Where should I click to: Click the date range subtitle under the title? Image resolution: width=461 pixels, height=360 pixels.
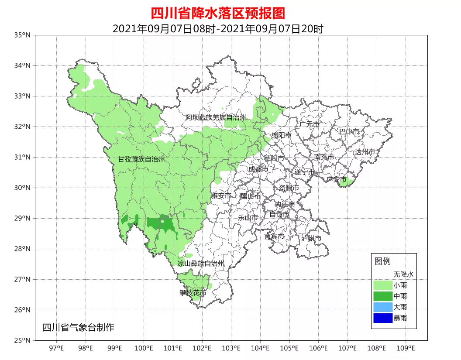(x=218, y=29)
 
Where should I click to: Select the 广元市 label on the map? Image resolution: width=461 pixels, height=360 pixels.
(x=309, y=124)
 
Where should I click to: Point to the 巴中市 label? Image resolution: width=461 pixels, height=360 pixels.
(x=349, y=131)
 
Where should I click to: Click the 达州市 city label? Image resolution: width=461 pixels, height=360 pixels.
(x=365, y=152)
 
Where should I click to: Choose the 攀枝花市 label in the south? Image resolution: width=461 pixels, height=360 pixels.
(x=193, y=293)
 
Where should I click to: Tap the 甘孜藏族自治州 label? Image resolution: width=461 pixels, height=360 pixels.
(x=141, y=160)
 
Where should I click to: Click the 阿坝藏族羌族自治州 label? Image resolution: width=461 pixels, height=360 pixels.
(x=216, y=118)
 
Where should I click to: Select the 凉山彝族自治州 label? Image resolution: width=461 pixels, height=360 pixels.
(x=200, y=264)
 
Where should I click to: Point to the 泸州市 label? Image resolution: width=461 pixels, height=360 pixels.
(x=311, y=238)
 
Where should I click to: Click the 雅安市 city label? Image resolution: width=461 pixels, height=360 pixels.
(x=221, y=196)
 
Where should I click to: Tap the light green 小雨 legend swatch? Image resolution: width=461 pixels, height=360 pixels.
(x=383, y=285)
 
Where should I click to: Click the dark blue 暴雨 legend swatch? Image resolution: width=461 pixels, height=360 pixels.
(x=383, y=318)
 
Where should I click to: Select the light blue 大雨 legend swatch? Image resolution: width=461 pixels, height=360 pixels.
(x=383, y=307)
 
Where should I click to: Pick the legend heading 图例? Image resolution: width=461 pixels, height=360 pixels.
(x=382, y=261)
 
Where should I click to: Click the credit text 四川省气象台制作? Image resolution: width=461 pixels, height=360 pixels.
(x=79, y=327)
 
